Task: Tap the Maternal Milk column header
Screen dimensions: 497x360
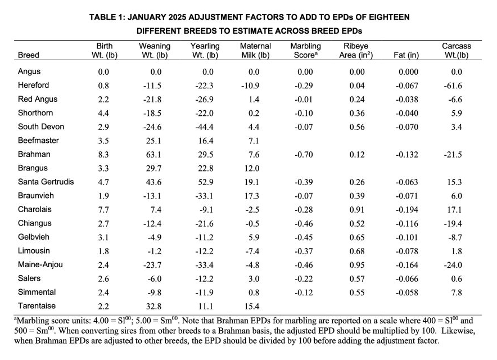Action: pos(255,51)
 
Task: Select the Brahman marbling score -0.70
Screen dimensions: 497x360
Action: pos(305,154)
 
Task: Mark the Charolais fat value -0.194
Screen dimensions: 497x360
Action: pos(409,209)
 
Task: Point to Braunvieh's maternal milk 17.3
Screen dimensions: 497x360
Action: pos(254,196)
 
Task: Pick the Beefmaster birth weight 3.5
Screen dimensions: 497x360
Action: pos(103,141)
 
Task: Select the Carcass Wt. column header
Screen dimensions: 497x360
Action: pos(456,51)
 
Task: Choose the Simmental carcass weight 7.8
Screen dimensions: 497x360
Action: pos(456,292)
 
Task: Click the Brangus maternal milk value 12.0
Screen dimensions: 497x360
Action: pos(254,168)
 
